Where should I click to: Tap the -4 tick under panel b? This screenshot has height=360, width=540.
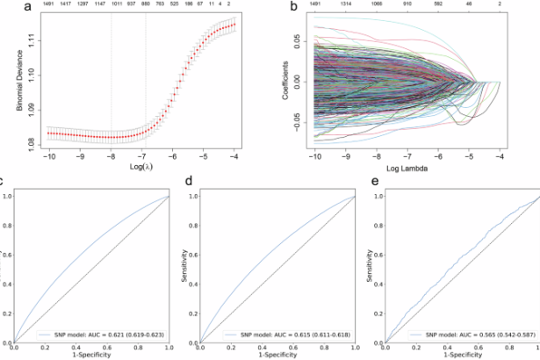(500, 155)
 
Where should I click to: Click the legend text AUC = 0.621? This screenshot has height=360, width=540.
(112, 335)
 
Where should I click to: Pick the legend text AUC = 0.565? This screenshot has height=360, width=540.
(465, 335)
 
